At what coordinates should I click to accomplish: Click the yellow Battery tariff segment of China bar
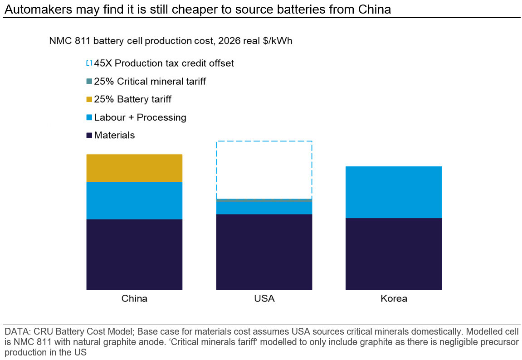tap(134, 168)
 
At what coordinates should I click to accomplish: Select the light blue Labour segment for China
tap(134, 200)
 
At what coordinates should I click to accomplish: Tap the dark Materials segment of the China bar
tap(134, 254)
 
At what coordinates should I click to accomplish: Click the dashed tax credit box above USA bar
tap(264, 170)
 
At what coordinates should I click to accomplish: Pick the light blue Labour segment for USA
tap(264, 208)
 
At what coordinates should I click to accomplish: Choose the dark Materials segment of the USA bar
tap(264, 252)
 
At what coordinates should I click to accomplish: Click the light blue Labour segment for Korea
tap(394, 192)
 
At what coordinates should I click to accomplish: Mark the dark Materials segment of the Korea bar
tap(394, 254)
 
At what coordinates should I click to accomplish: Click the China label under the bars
tap(134, 299)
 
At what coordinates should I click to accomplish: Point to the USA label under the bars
tap(264, 299)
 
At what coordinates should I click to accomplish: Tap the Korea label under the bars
tap(394, 299)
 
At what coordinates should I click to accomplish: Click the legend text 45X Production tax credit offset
tap(164, 63)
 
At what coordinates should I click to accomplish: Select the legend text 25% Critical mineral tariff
tap(150, 82)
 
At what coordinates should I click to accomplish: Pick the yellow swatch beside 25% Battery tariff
tap(89, 99)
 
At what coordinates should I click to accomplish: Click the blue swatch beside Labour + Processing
tap(89, 117)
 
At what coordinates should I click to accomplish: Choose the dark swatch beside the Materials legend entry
tap(89, 135)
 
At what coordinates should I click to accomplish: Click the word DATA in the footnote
tap(14, 330)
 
